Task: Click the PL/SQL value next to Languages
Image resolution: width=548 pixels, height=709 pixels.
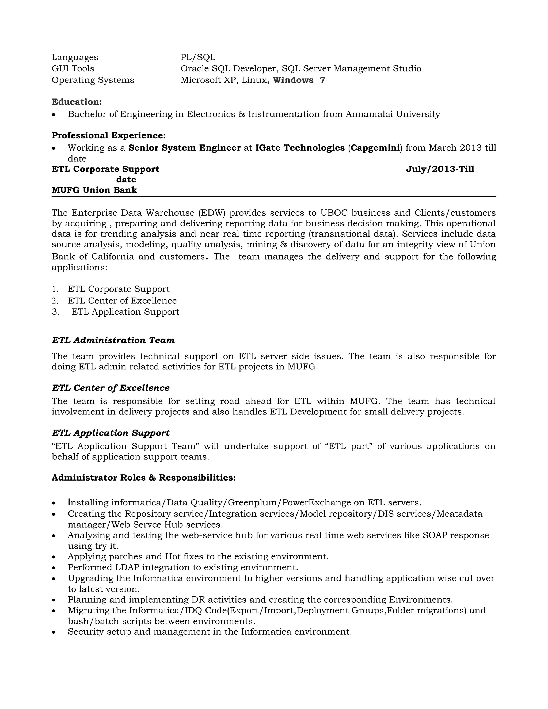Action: click(198, 58)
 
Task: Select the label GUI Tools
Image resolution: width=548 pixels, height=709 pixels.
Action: click(73, 69)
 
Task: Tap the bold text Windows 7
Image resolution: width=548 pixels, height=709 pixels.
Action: click(299, 80)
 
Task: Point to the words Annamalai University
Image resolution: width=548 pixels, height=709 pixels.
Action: click(393, 114)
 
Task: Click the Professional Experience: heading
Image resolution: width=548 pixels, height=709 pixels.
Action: click(109, 135)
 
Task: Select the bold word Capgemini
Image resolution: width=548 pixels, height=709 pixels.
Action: click(375, 148)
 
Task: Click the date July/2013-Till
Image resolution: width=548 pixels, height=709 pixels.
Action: click(440, 169)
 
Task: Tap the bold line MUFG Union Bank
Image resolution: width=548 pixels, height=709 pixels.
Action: click(94, 190)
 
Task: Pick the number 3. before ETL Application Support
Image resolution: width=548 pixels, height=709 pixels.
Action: click(55, 312)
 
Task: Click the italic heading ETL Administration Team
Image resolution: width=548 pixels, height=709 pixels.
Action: click(113, 340)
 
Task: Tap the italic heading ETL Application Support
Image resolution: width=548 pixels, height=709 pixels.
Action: click(111, 433)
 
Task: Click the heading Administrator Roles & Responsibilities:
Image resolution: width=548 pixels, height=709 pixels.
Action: click(143, 478)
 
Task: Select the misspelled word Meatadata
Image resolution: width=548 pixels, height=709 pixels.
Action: click(459, 514)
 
